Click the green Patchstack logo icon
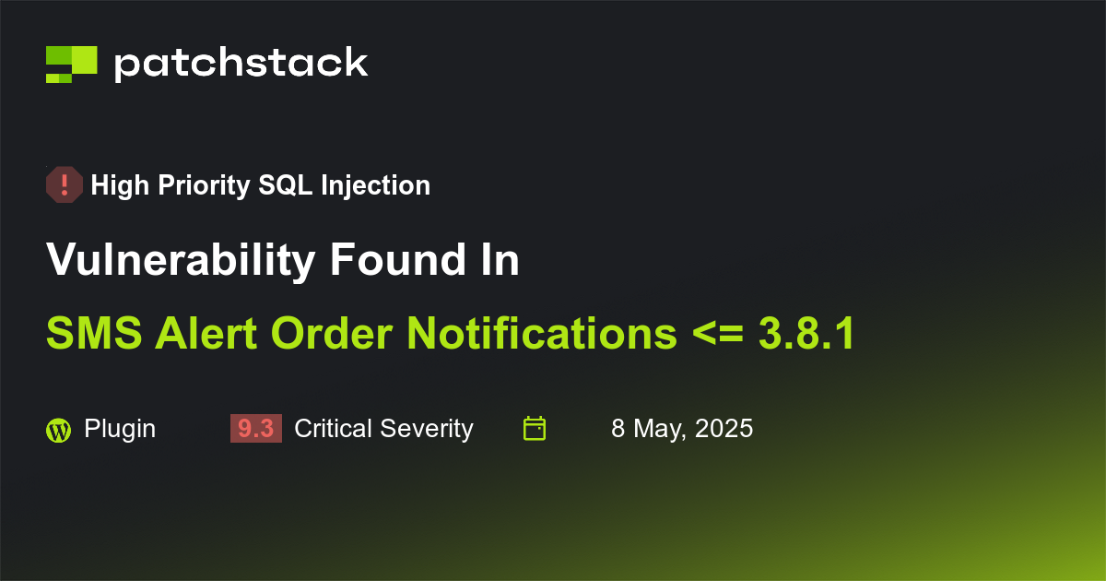[71, 64]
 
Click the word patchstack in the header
[241, 64]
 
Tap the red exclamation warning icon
[65, 185]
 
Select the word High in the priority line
[120, 185]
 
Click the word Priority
[203, 185]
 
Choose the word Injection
[376, 185]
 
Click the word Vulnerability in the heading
[180, 261]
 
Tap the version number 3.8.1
[806, 334]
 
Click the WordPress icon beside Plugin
[58, 429]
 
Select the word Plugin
[120, 429]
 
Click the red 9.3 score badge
[255, 429]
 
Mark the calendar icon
[535, 428]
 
